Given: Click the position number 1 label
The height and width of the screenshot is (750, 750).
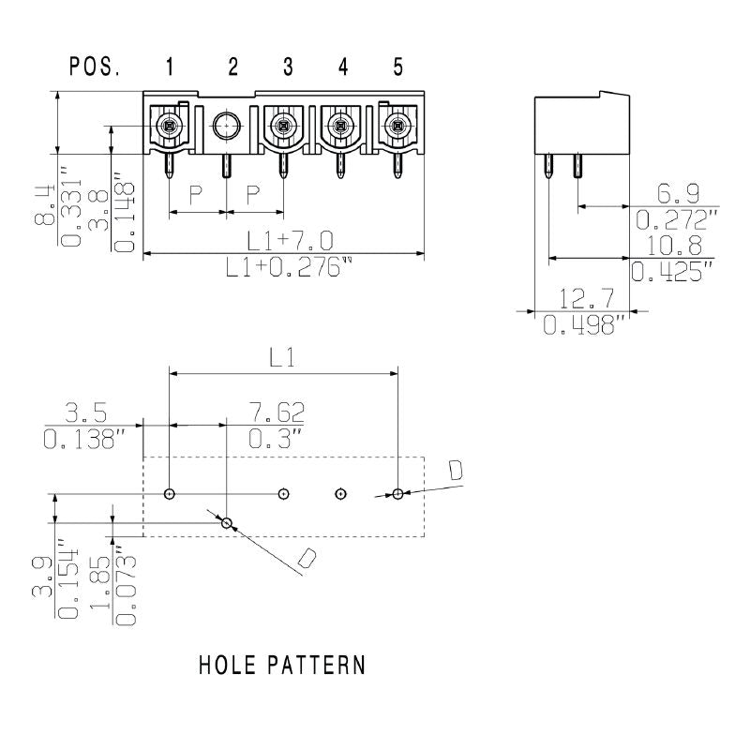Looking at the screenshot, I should (169, 67).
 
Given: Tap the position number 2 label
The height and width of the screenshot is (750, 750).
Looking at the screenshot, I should (232, 67).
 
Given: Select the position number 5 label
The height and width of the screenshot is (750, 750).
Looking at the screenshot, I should (398, 67).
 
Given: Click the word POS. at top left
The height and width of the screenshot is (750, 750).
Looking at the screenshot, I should (95, 67).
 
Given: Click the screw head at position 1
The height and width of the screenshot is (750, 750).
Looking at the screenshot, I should (170, 125).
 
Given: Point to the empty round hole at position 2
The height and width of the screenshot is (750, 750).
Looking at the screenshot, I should (226, 125).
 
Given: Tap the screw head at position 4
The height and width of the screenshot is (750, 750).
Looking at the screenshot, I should (341, 125).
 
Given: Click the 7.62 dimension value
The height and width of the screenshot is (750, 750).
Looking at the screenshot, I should (277, 413).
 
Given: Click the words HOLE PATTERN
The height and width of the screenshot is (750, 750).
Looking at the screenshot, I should (281, 666).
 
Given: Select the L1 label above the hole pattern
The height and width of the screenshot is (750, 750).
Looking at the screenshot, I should (283, 357).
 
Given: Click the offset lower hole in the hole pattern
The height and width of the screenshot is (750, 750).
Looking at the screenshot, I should (226, 521).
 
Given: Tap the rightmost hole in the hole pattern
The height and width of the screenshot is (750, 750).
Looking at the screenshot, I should (398, 493).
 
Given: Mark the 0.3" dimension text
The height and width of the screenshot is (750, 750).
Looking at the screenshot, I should (277, 437).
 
